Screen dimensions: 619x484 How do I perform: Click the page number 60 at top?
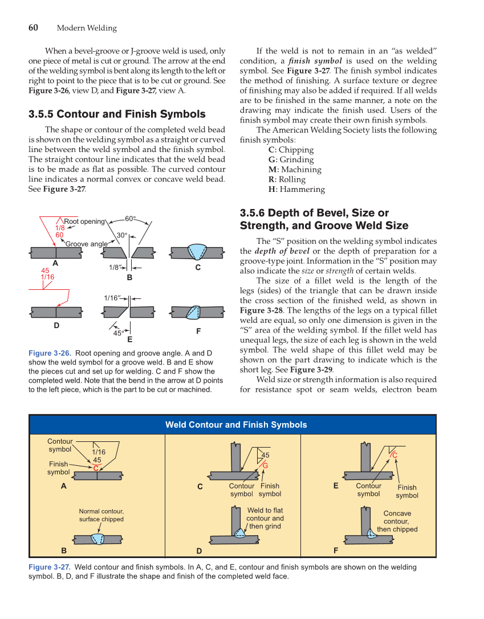click(33, 28)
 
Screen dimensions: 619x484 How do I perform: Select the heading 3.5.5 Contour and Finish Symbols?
click(117, 114)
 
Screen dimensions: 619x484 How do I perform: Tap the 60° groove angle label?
click(131, 219)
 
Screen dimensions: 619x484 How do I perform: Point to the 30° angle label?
click(121, 235)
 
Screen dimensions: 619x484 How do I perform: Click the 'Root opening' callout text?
click(84, 222)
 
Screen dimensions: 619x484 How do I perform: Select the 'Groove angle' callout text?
click(86, 244)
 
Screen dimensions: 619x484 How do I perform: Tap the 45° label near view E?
click(119, 333)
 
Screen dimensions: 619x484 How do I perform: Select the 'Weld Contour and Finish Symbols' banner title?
click(236, 425)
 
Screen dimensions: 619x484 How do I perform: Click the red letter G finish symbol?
click(265, 465)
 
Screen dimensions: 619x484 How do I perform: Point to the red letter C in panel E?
click(394, 455)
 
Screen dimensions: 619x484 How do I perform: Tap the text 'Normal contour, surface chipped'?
click(101, 515)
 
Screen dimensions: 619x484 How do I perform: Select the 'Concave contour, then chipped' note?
click(397, 521)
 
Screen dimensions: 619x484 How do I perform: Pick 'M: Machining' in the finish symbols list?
click(294, 170)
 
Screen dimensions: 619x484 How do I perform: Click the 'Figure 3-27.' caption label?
click(50, 567)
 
